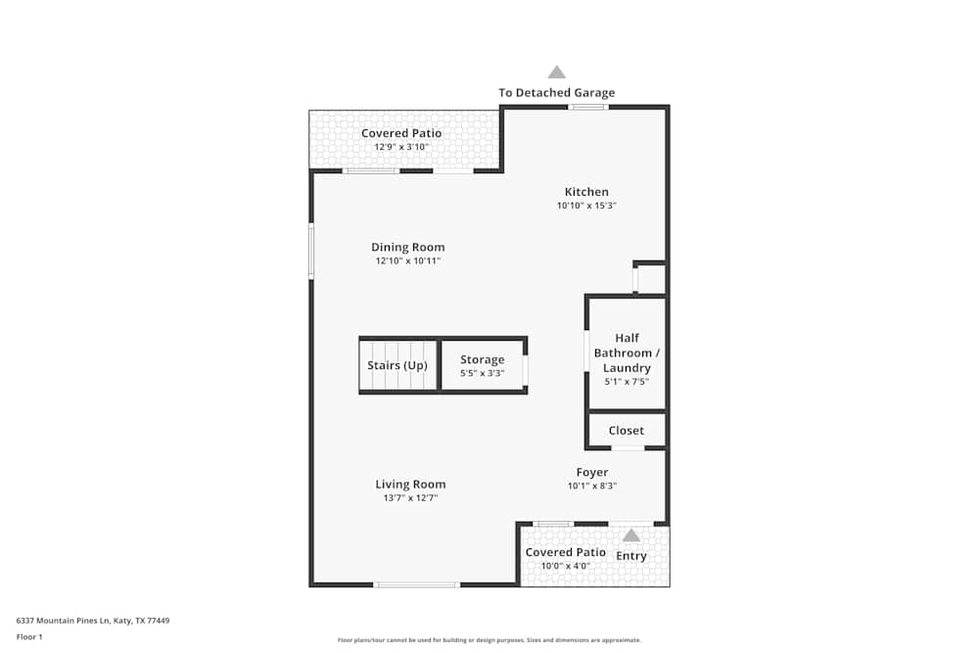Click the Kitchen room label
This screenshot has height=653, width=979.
pyautogui.click(x=586, y=192)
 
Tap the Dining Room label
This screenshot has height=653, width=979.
pyautogui.click(x=407, y=248)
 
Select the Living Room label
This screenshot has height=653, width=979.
pyautogui.click(x=410, y=485)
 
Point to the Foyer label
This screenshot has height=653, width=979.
pyautogui.click(x=591, y=473)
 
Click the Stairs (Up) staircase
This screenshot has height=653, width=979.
pyautogui.click(x=397, y=366)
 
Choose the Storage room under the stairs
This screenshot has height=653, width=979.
pyautogui.click(x=483, y=365)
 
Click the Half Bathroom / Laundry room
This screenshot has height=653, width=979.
pyautogui.click(x=627, y=353)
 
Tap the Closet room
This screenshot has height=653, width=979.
pyautogui.click(x=627, y=431)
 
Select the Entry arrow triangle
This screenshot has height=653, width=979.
pyautogui.click(x=631, y=536)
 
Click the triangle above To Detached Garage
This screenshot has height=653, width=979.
pyautogui.click(x=556, y=71)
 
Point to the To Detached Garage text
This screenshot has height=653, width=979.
pyautogui.click(x=556, y=93)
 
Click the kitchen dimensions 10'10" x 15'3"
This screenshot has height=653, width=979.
pyautogui.click(x=586, y=206)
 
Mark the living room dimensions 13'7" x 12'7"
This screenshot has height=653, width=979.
pyautogui.click(x=410, y=498)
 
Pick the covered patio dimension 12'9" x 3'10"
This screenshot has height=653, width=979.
pyautogui.click(x=401, y=147)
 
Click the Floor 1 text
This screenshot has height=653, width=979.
pyautogui.click(x=29, y=636)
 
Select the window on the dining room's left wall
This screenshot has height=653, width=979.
pyautogui.click(x=311, y=251)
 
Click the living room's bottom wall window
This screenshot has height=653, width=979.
pyautogui.click(x=416, y=584)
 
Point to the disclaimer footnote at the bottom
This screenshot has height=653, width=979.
pyautogui.click(x=489, y=640)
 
